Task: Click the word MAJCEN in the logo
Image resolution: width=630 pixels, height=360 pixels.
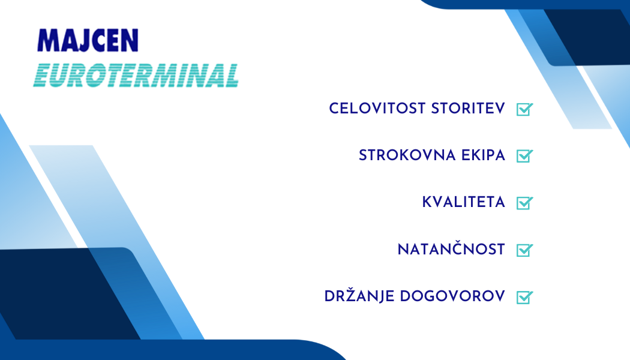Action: (x=88, y=40)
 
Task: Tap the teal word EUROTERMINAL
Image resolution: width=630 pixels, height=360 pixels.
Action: (x=136, y=75)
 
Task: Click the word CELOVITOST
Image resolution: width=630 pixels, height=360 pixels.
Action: (x=377, y=109)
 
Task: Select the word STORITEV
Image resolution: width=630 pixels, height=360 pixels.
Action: (x=468, y=109)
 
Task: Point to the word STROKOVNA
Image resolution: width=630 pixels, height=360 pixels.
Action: (x=407, y=155)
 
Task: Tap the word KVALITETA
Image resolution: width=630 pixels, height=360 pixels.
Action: (x=464, y=203)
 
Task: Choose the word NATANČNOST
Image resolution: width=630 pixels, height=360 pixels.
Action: (x=451, y=249)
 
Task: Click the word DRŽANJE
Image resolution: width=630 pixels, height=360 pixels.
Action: (x=359, y=296)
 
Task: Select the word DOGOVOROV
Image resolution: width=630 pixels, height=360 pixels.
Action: (x=452, y=296)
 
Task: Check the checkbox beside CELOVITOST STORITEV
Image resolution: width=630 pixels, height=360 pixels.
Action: (x=525, y=109)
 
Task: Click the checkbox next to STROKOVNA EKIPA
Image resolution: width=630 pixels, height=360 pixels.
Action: (x=525, y=156)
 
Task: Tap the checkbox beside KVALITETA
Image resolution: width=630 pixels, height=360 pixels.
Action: (x=525, y=203)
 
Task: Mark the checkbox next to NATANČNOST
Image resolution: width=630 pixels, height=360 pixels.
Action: (x=525, y=250)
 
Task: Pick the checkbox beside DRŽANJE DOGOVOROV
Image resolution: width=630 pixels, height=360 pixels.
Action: (x=525, y=298)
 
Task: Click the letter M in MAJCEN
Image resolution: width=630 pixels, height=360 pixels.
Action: (x=48, y=40)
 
